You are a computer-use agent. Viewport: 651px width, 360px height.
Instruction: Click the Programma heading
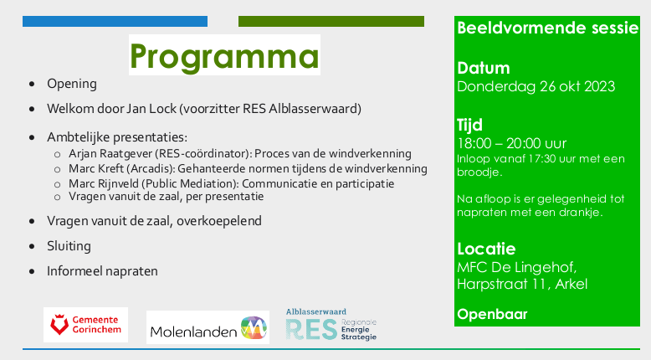coord(224,57)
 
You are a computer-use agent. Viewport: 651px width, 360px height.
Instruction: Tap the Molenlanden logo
coord(208,327)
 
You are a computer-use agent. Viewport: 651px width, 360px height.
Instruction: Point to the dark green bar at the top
coord(331,21)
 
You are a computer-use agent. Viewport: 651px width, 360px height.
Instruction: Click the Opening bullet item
coord(72,84)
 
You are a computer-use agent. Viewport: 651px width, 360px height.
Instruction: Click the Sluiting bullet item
coord(69,246)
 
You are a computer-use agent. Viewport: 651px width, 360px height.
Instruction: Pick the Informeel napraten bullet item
coord(102,271)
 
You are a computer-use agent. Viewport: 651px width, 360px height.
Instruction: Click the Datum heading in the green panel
coord(483,68)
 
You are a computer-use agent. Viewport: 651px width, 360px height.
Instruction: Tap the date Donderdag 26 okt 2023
coord(536,86)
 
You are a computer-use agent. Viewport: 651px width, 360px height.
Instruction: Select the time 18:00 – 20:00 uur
coord(511,143)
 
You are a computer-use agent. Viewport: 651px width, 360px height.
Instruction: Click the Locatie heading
coord(486,248)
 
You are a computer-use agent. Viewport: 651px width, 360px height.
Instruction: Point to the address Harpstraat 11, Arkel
coord(522,284)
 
